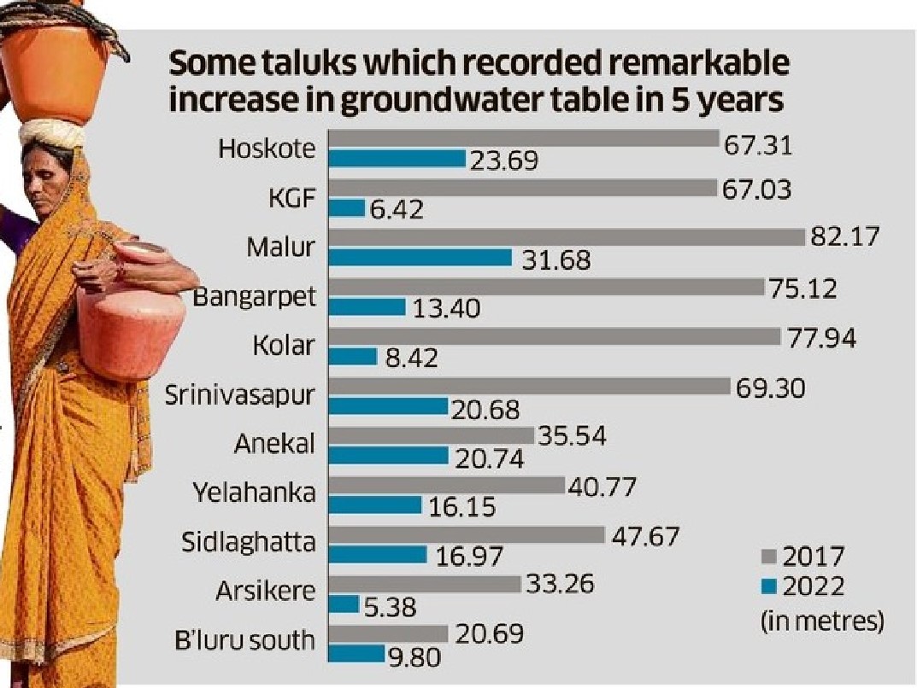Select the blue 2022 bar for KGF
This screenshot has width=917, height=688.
click(x=347, y=207)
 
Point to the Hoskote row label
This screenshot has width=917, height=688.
click(x=267, y=149)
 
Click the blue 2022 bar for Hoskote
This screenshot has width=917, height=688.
click(x=397, y=159)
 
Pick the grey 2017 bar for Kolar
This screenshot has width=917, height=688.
click(x=555, y=335)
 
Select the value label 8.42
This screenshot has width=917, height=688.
click(x=410, y=357)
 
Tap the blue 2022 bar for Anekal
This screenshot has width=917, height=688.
click(x=389, y=455)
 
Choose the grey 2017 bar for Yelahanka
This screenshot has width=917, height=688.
click(x=447, y=485)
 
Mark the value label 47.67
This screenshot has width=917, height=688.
click(x=646, y=537)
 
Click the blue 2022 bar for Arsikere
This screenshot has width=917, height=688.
click(x=344, y=603)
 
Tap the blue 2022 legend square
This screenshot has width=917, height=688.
click(x=767, y=586)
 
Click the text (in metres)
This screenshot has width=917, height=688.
click(x=821, y=620)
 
